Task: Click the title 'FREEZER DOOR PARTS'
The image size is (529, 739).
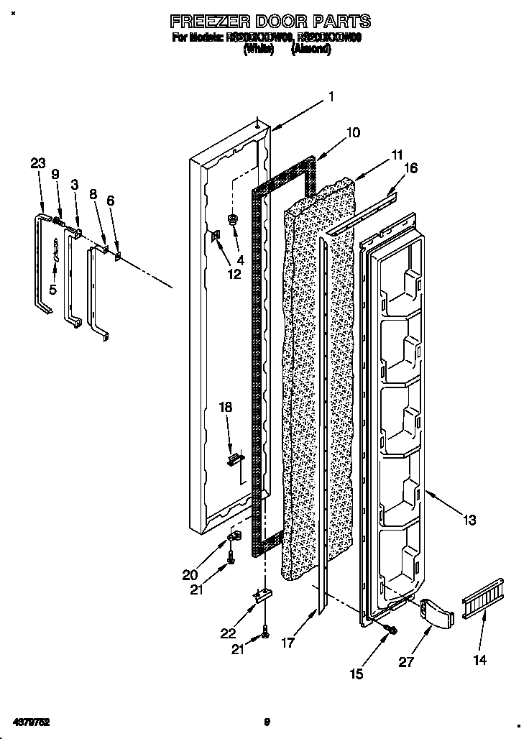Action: click(270, 21)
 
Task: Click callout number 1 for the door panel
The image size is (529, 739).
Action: click(331, 96)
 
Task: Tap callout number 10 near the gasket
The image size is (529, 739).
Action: click(353, 133)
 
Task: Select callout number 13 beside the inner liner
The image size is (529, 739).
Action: click(469, 520)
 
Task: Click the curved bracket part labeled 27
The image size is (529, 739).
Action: click(438, 612)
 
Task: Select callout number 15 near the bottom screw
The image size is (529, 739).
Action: click(356, 674)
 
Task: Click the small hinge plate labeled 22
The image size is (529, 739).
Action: click(264, 595)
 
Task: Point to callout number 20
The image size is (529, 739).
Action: click(190, 574)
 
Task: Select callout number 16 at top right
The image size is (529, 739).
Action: click(410, 169)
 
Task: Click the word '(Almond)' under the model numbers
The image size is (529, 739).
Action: click(310, 50)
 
